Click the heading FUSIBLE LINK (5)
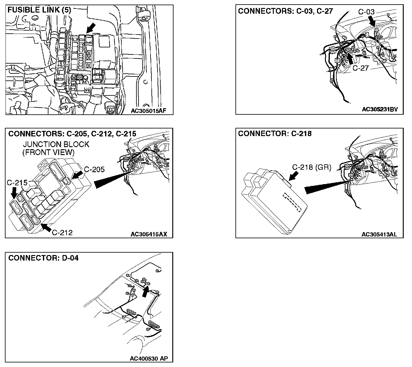tap(39, 10)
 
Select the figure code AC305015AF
tap(148, 111)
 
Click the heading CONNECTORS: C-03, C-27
tap(285, 11)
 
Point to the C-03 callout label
tap(366, 12)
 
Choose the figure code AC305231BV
tap(380, 109)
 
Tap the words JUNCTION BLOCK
tap(56, 144)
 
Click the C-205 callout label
tap(94, 169)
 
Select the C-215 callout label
tap(17, 183)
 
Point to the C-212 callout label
tap(62, 233)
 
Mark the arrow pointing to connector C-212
tap(46, 227)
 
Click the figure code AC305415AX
tap(149, 235)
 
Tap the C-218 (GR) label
tap(311, 167)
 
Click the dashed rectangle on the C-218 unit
tap(292, 202)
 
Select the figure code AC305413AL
tap(379, 235)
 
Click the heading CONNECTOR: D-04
tap(43, 258)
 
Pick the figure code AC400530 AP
tap(149, 358)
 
